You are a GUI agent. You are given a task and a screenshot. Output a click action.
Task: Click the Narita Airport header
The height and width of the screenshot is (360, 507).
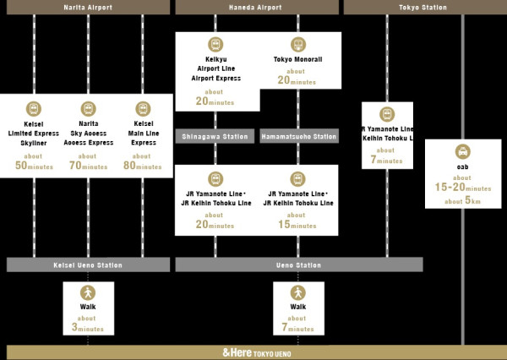[x=88, y=7]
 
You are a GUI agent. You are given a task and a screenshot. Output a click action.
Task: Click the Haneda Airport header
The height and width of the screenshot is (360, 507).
[x=258, y=7]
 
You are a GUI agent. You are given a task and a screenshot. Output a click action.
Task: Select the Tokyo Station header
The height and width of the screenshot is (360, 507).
[x=425, y=7]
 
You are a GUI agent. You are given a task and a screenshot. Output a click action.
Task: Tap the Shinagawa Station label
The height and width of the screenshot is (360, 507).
[x=215, y=136]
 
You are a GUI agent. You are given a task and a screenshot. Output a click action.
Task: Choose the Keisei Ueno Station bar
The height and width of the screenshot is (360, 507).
[x=88, y=265]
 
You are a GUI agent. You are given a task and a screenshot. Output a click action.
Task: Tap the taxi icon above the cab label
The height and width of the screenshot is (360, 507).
[x=462, y=152]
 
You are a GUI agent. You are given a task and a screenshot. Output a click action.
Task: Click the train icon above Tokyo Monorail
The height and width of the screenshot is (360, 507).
[x=297, y=44]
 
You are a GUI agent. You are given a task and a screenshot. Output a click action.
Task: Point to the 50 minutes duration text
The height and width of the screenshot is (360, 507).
[x=34, y=166]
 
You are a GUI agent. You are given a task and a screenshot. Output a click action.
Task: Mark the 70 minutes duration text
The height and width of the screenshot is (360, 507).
[x=88, y=166]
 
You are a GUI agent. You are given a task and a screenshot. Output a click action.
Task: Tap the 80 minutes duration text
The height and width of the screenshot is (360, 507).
[x=143, y=166]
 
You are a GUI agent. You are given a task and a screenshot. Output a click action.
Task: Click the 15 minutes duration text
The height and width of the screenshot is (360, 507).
[x=297, y=226]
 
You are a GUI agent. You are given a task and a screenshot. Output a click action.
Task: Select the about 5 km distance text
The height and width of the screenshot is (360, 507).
[x=462, y=202]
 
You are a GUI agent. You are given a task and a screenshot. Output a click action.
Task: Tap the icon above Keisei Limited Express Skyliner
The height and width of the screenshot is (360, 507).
[x=34, y=108]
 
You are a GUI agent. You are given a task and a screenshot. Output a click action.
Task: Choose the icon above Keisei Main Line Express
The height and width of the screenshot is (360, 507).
[x=143, y=108]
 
